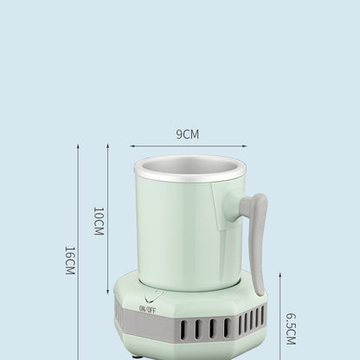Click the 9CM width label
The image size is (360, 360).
click(x=187, y=134)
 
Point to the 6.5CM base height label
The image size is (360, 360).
click(x=291, y=330)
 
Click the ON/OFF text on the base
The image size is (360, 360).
click(x=147, y=309)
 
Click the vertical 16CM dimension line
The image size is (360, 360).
click(x=78, y=251)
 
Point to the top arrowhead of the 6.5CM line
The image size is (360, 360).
click(x=280, y=275)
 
